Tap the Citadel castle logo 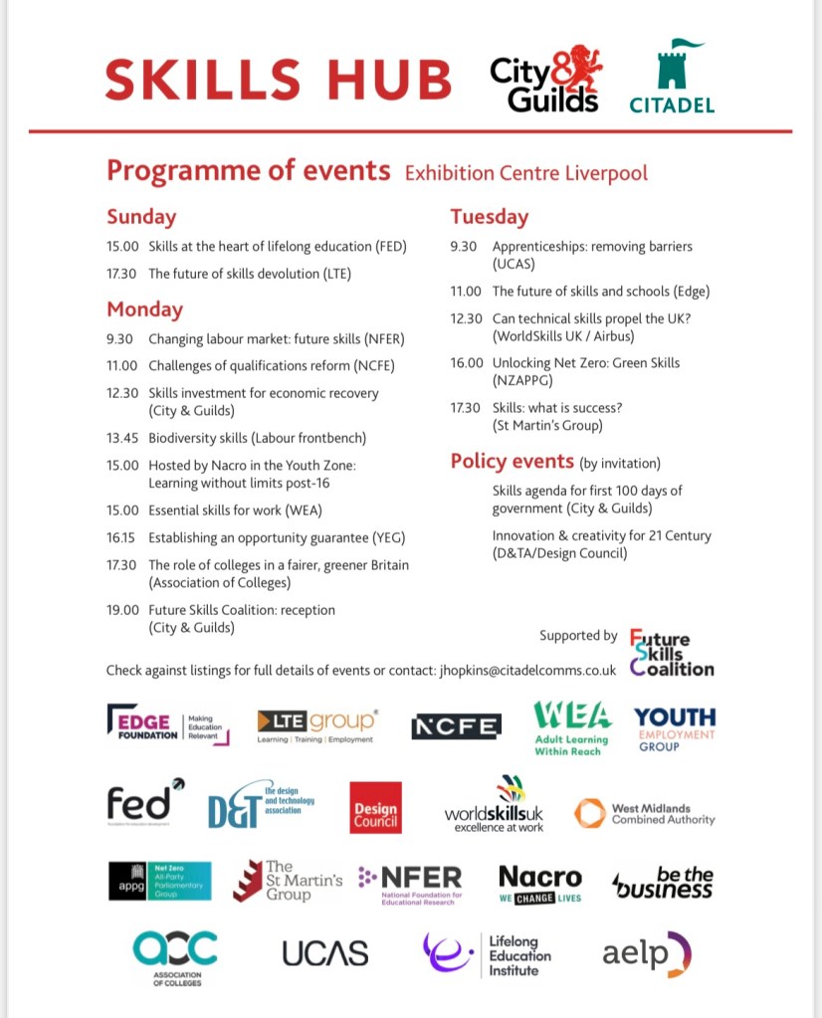(x=672, y=78)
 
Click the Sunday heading (x=141, y=217)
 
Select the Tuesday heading (x=489, y=217)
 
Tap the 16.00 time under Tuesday (x=466, y=362)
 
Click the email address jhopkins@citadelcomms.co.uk (x=526, y=671)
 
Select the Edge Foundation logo (x=167, y=723)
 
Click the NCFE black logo (x=456, y=726)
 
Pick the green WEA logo (x=572, y=727)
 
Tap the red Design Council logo (x=375, y=807)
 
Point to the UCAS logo (x=324, y=952)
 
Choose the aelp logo (x=646, y=953)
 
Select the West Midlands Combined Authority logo (x=645, y=812)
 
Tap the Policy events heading (x=512, y=462)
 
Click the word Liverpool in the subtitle (x=608, y=173)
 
